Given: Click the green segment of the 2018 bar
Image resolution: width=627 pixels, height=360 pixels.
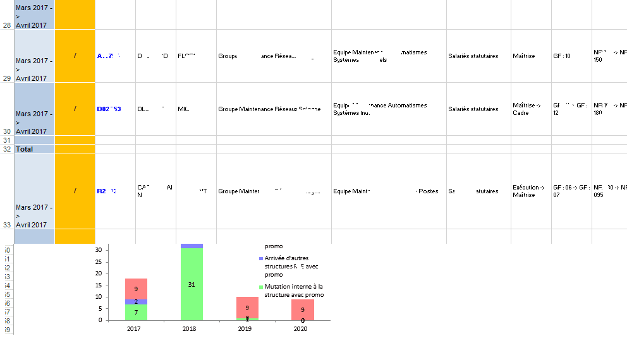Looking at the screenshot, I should [x=192, y=284].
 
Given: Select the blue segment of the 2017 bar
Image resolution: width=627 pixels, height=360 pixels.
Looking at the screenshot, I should [x=136, y=302].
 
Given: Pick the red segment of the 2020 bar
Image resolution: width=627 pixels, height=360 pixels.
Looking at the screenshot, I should [x=303, y=309].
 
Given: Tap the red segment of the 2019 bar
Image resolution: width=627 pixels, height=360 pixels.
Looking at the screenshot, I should [x=247, y=307].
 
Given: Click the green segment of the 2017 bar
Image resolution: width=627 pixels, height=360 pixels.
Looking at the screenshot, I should [x=136, y=313].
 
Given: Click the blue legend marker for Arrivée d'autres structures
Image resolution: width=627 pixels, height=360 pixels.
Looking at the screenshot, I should [x=261, y=259].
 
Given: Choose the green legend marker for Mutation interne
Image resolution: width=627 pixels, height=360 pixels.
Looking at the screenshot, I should [x=261, y=287].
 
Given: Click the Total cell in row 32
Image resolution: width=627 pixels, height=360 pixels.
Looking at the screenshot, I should [x=25, y=149].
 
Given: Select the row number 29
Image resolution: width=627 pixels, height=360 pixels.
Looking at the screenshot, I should [x=8, y=78].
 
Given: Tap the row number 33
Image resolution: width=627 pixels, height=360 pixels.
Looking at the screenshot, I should [x=8, y=224].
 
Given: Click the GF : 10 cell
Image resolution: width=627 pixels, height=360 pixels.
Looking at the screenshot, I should [x=562, y=56].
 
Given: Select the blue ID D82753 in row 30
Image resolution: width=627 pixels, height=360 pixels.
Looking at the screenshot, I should [x=109, y=109].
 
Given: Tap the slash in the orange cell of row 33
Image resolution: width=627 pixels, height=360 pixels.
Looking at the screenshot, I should [x=75, y=191].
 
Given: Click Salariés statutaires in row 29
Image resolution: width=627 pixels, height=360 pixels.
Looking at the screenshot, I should [x=473, y=56].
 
